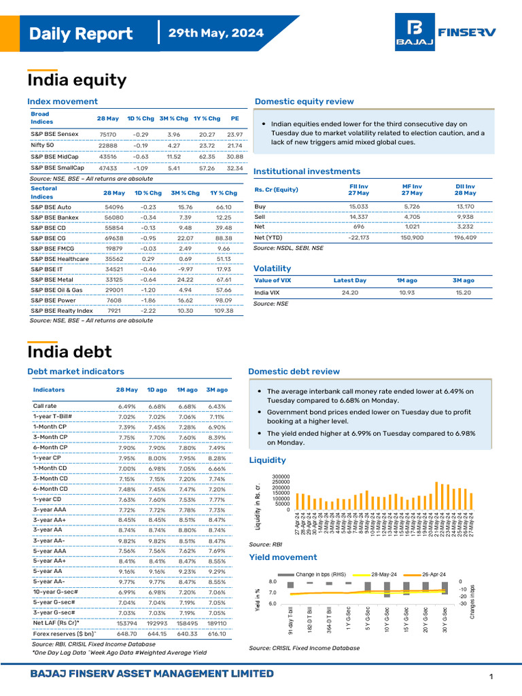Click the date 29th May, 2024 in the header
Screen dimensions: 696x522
[x=216, y=33]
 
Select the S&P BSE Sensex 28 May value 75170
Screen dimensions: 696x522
[x=107, y=135]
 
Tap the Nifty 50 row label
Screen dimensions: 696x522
[x=42, y=145]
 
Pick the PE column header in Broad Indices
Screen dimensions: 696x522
[x=234, y=118]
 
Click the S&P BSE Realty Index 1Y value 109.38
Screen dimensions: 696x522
[x=224, y=311]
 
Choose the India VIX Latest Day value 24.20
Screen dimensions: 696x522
[x=350, y=293]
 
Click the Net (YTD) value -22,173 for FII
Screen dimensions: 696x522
[x=358, y=238]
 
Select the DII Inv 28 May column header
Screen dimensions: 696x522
[x=465, y=189]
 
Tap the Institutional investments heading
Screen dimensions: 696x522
[x=307, y=171]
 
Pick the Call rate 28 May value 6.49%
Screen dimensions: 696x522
[x=127, y=406]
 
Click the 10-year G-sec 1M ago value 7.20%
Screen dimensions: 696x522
[x=186, y=592]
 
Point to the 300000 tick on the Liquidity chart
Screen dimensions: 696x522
[x=280, y=476]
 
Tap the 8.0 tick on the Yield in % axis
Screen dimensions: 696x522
[x=272, y=582]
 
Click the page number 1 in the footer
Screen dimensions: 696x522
[x=491, y=676]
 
